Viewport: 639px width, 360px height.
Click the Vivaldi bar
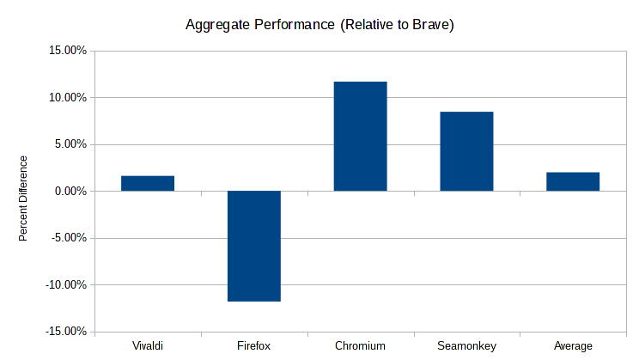[x=148, y=183]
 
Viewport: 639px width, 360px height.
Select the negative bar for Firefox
[x=254, y=246]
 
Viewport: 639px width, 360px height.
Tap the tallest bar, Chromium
[x=360, y=136]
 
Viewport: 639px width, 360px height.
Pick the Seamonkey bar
[x=466, y=151]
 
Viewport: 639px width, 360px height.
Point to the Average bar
[x=573, y=181]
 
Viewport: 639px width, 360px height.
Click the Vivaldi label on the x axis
[x=148, y=346]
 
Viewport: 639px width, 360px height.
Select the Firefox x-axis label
[x=254, y=346]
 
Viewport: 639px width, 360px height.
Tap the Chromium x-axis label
[x=360, y=346]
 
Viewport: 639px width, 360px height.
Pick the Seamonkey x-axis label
[x=466, y=346]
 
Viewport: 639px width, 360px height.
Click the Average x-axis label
[x=573, y=346]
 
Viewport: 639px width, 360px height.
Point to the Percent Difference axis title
[x=23, y=198]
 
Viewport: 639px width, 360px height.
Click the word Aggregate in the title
[x=215, y=25]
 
